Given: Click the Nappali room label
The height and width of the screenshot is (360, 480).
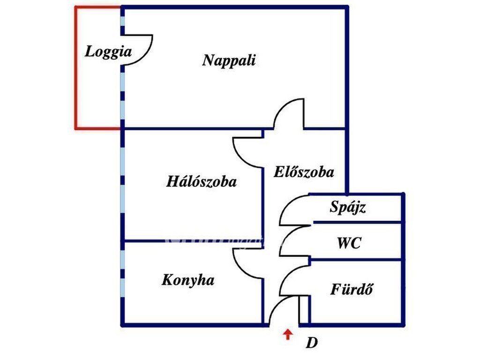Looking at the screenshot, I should point(229,60).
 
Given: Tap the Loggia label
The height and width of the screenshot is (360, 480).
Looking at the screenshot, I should point(108,51).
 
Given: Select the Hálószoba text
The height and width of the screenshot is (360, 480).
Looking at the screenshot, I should point(202,181).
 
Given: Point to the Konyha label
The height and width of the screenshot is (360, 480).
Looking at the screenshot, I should point(188,280).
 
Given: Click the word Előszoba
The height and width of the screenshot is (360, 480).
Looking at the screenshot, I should point(304,172).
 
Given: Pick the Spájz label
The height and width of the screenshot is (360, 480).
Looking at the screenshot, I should point(347,207).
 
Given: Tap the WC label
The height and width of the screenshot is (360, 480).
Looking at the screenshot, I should point(349,243).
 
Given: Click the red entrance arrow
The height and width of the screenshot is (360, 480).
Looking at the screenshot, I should point(288,334).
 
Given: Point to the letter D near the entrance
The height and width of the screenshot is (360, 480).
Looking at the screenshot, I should point(312,343).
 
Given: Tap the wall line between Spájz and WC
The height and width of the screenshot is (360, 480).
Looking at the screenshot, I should point(357,222).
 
